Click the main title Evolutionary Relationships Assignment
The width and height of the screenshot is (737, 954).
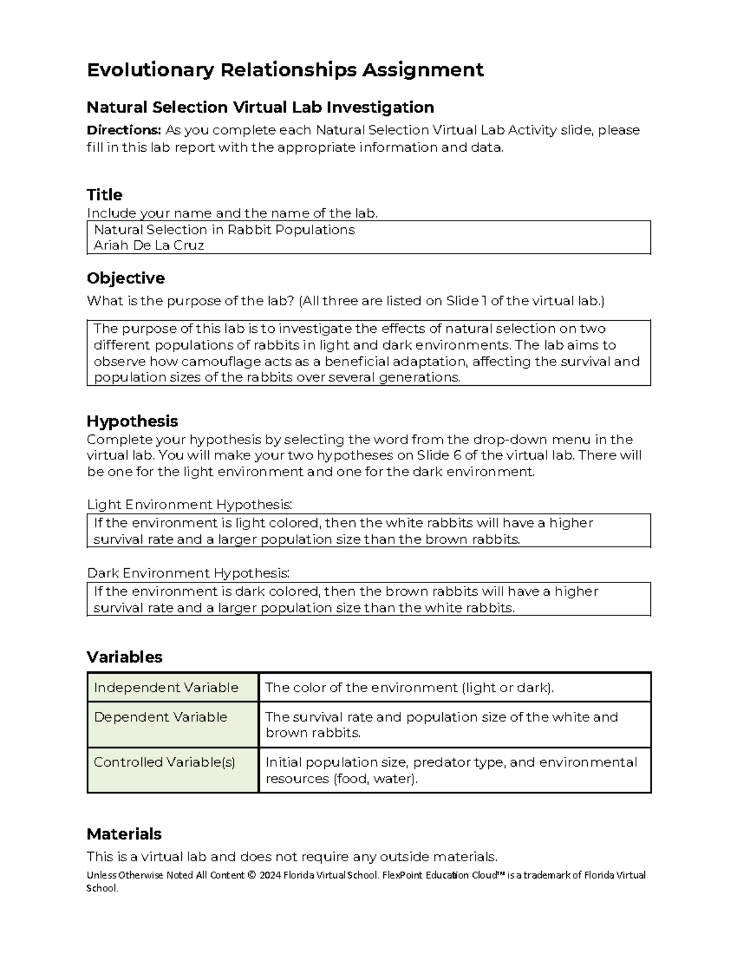pyautogui.click(x=285, y=70)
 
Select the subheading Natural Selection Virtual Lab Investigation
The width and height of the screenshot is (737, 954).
pyautogui.click(x=260, y=108)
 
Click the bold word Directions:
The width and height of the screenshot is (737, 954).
pyautogui.click(x=123, y=130)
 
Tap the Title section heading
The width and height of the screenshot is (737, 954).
pyautogui.click(x=104, y=195)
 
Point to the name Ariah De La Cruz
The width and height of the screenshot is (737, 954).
pyautogui.click(x=149, y=245)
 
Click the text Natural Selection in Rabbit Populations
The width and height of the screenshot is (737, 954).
pyautogui.click(x=224, y=230)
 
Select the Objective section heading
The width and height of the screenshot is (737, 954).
pyautogui.click(x=125, y=278)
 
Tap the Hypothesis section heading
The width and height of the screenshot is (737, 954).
pyautogui.click(x=132, y=421)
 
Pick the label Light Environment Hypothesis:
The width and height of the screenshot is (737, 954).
pyautogui.click(x=189, y=504)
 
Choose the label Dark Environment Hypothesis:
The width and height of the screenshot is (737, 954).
pyautogui.click(x=188, y=573)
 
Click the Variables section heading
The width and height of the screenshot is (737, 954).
pyautogui.click(x=124, y=657)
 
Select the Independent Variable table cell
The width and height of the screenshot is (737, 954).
pyautogui.click(x=166, y=687)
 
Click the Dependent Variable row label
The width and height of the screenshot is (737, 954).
pyautogui.click(x=160, y=717)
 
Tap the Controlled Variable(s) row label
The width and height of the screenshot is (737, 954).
pyautogui.click(x=164, y=762)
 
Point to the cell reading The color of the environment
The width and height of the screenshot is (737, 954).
pyautogui.click(x=409, y=687)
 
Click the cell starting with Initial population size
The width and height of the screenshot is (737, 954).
pyautogui.click(x=451, y=770)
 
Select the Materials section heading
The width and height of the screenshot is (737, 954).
pyautogui.click(x=123, y=834)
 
